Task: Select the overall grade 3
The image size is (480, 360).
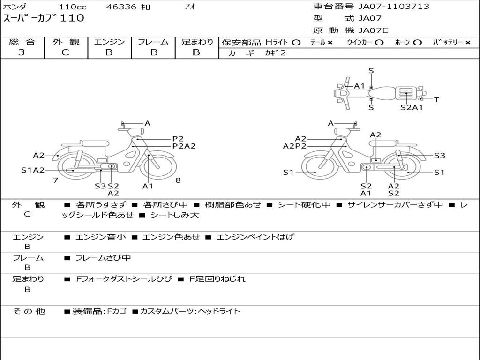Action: point(22,52)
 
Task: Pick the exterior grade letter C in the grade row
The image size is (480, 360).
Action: point(65,52)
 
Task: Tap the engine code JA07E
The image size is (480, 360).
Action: point(373,30)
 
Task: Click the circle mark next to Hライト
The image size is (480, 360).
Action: point(296,43)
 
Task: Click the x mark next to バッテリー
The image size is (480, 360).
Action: point(468,43)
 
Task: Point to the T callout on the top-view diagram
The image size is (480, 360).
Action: point(436,99)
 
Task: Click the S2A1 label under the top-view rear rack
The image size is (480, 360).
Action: point(412,107)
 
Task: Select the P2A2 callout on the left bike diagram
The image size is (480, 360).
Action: point(184,146)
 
